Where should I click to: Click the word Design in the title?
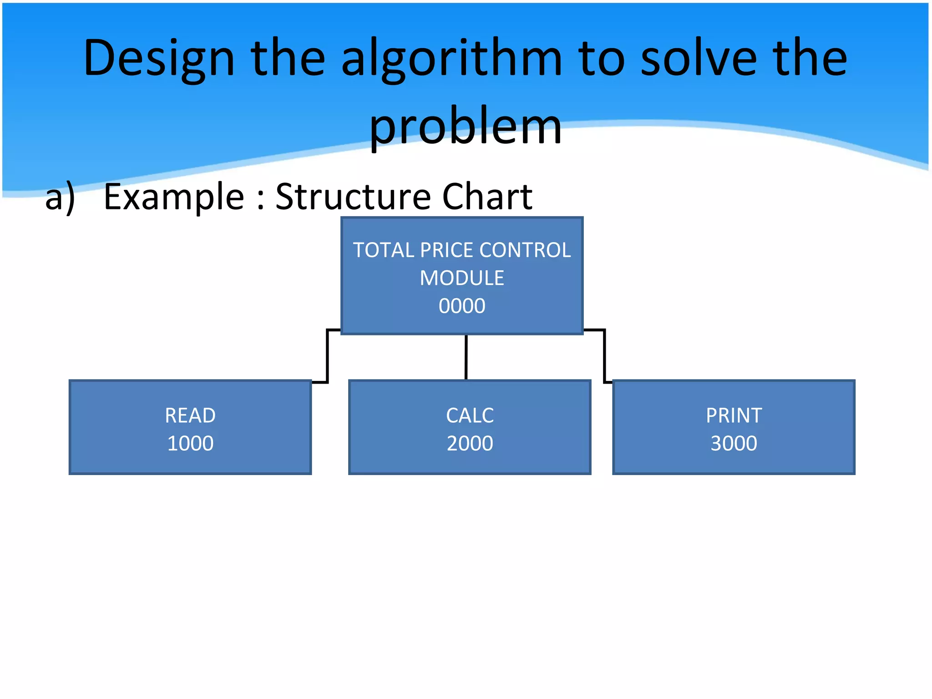(x=159, y=58)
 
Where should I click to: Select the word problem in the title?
(x=466, y=127)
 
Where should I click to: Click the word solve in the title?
(x=699, y=58)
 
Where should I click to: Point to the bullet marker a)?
(x=60, y=197)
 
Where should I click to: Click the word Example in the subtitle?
(x=174, y=197)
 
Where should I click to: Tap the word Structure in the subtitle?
(x=353, y=197)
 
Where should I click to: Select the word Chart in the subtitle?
(x=487, y=197)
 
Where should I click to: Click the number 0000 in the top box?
(x=462, y=306)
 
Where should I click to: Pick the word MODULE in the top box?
(x=462, y=278)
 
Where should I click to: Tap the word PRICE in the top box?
(x=447, y=250)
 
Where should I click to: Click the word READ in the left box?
(x=190, y=415)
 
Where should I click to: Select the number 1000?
(x=190, y=443)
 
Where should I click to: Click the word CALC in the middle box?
(x=470, y=415)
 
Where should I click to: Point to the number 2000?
(x=470, y=443)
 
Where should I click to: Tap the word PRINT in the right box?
(x=734, y=415)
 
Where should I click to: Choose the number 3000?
(x=734, y=443)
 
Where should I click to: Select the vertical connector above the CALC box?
(x=466, y=357)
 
